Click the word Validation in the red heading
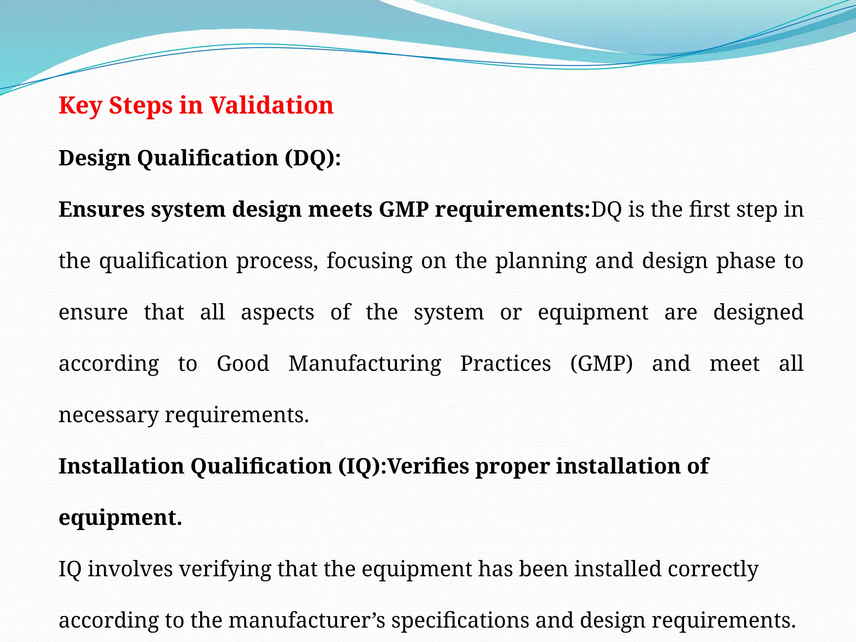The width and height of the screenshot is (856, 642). tap(271, 105)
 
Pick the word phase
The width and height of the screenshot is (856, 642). tap(746, 261)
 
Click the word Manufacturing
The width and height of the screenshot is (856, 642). tap(364, 364)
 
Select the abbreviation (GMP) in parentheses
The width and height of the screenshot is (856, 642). tap(601, 364)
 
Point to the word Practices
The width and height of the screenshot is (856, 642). tap(505, 364)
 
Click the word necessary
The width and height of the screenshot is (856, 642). tap(108, 415)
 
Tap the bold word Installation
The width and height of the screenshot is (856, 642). tap(121, 466)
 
